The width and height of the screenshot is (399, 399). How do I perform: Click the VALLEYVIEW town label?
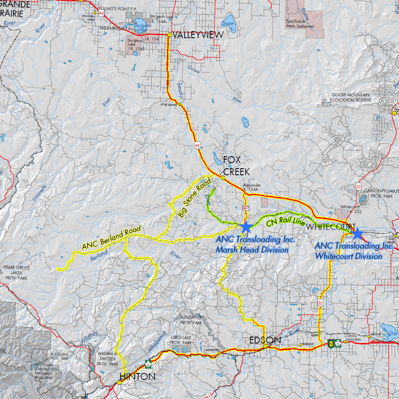(x=198, y=35)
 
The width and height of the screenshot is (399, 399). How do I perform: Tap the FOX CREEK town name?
(x=237, y=166)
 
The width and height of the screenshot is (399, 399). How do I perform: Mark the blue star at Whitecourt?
(x=357, y=234)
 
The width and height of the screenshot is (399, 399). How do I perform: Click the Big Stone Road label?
(x=194, y=199)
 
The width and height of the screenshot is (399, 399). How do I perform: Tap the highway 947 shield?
(x=246, y=209)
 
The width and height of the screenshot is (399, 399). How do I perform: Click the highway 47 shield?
(x=208, y=396)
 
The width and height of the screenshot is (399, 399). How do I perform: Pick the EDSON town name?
(x=265, y=340)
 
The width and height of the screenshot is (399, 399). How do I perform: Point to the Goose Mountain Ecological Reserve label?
(x=351, y=97)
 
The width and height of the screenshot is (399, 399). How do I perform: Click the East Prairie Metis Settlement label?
(x=300, y=23)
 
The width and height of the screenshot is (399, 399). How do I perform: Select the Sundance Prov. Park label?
(x=191, y=321)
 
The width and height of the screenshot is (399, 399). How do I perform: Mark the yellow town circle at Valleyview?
(x=169, y=34)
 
